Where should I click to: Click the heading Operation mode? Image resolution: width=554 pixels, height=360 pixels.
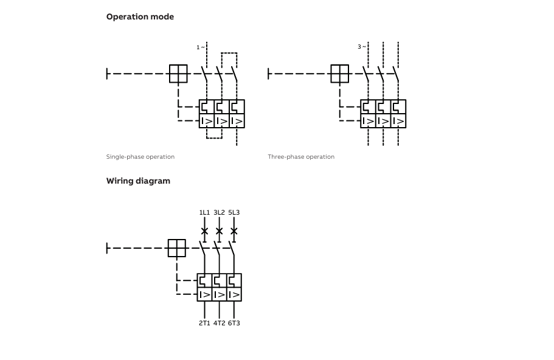tap(140, 16)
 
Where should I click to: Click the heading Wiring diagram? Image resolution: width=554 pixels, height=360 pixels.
tap(138, 181)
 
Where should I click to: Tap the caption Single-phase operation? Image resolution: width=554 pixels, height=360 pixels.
tap(140, 156)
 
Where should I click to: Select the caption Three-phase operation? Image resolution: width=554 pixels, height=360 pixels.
tap(301, 156)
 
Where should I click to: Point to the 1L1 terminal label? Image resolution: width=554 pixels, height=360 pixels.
tap(204, 212)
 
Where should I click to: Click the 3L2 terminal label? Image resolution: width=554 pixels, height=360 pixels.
tap(219, 212)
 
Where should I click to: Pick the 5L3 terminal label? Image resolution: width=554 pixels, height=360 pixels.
tap(234, 212)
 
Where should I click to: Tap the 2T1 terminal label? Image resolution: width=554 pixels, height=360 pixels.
tap(204, 323)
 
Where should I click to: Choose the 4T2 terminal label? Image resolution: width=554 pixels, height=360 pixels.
tap(219, 323)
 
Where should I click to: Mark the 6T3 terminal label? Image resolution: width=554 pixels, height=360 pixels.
tap(234, 323)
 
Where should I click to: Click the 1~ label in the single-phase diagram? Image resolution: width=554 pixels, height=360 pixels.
tap(200, 47)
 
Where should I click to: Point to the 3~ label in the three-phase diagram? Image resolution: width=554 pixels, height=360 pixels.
tap(362, 47)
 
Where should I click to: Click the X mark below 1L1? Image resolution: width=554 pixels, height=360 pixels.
tap(204, 231)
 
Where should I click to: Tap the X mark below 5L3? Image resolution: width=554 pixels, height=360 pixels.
tap(234, 231)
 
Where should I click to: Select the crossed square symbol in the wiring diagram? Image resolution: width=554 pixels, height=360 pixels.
tap(176, 248)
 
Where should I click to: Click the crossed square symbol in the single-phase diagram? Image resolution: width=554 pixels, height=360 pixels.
tap(178, 74)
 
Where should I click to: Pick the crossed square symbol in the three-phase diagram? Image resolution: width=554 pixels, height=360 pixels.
tap(340, 74)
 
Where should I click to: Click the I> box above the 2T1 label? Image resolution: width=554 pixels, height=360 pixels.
tap(204, 294)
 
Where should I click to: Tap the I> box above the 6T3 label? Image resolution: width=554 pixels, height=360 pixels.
tap(234, 294)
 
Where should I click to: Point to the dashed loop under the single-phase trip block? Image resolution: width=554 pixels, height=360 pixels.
tap(214, 138)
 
